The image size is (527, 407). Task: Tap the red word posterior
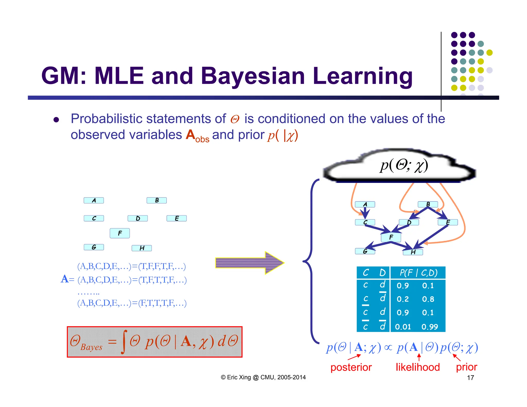[x=351, y=367]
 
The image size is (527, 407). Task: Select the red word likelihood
[x=417, y=367]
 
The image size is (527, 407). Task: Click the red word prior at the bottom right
[x=466, y=367]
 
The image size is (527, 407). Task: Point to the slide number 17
[x=470, y=378]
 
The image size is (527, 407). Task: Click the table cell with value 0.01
[x=403, y=327]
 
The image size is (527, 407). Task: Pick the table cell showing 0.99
[x=429, y=327]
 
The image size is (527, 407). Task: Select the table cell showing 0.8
[x=428, y=299]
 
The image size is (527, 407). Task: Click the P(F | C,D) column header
[x=418, y=273]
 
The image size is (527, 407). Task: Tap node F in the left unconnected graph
[x=120, y=233]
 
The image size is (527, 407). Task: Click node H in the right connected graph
[x=413, y=252]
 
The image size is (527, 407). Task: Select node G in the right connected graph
[x=365, y=251]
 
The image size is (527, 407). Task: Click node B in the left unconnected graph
[x=156, y=200]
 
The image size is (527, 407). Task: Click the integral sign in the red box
[x=124, y=341]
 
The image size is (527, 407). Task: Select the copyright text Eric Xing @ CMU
[x=263, y=377]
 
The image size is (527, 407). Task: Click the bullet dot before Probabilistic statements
[x=56, y=120]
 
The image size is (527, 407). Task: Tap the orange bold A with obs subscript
[x=197, y=135]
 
